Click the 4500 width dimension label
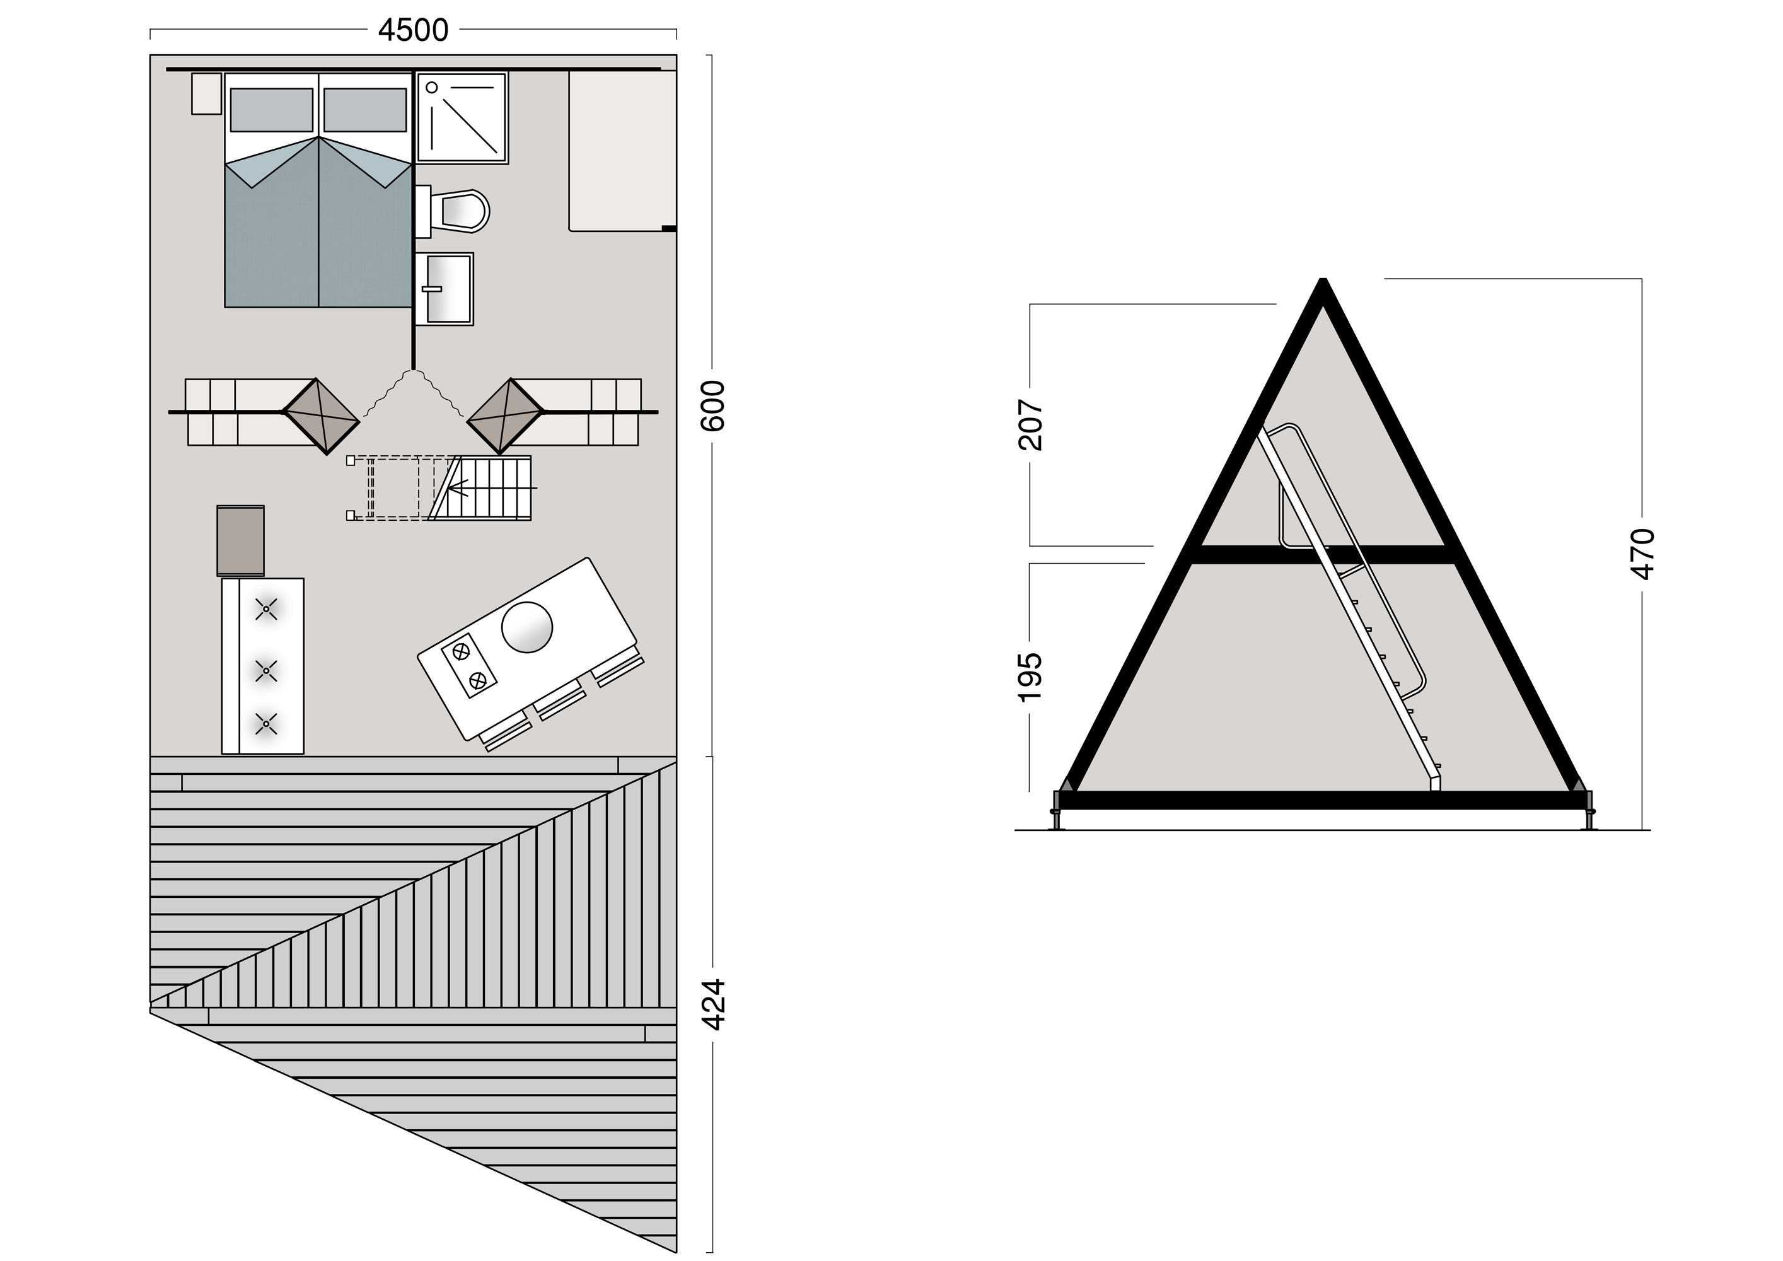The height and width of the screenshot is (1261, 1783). coord(413,30)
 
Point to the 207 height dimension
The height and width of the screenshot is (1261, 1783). coord(1030,425)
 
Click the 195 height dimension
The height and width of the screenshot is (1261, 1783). coord(1030,677)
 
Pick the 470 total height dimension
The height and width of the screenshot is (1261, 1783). coord(1642,554)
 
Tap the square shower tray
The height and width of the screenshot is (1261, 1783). coord(462,118)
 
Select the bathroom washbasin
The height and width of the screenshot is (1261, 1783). coord(444,288)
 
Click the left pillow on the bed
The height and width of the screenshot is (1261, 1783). coord(272,110)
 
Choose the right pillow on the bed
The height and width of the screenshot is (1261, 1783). coord(365,110)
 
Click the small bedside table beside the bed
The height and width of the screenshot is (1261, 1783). coord(207,94)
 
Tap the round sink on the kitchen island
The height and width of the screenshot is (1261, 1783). coord(527,627)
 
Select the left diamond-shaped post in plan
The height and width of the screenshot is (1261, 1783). coord(321,416)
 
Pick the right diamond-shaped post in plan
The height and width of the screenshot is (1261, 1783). coord(505,416)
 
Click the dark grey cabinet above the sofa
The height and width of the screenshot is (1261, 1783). coord(241,540)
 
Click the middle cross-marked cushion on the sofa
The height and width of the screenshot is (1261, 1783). coord(266,670)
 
